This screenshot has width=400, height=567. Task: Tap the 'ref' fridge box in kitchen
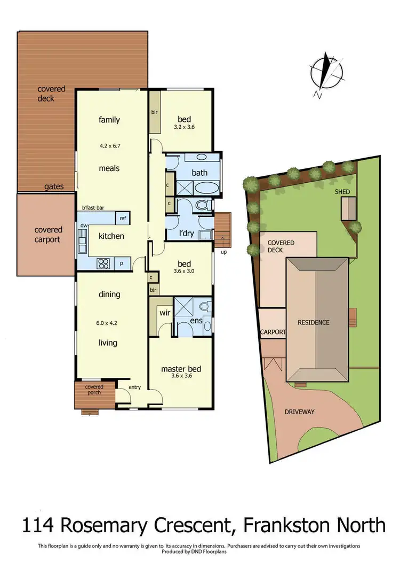coord(123,218)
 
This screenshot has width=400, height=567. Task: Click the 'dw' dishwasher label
coord(84,226)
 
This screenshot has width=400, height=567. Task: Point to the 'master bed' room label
coord(181,369)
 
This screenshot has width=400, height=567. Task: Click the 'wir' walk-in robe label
coord(164,313)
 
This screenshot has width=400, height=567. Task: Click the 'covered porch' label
coord(94,390)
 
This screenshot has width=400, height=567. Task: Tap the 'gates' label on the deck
coord(54,187)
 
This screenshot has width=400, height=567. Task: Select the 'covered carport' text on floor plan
coord(48,235)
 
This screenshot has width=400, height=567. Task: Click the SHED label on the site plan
coord(342,191)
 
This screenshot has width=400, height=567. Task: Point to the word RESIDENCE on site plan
coord(313,322)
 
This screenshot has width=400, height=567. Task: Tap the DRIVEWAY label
coord(299,411)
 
